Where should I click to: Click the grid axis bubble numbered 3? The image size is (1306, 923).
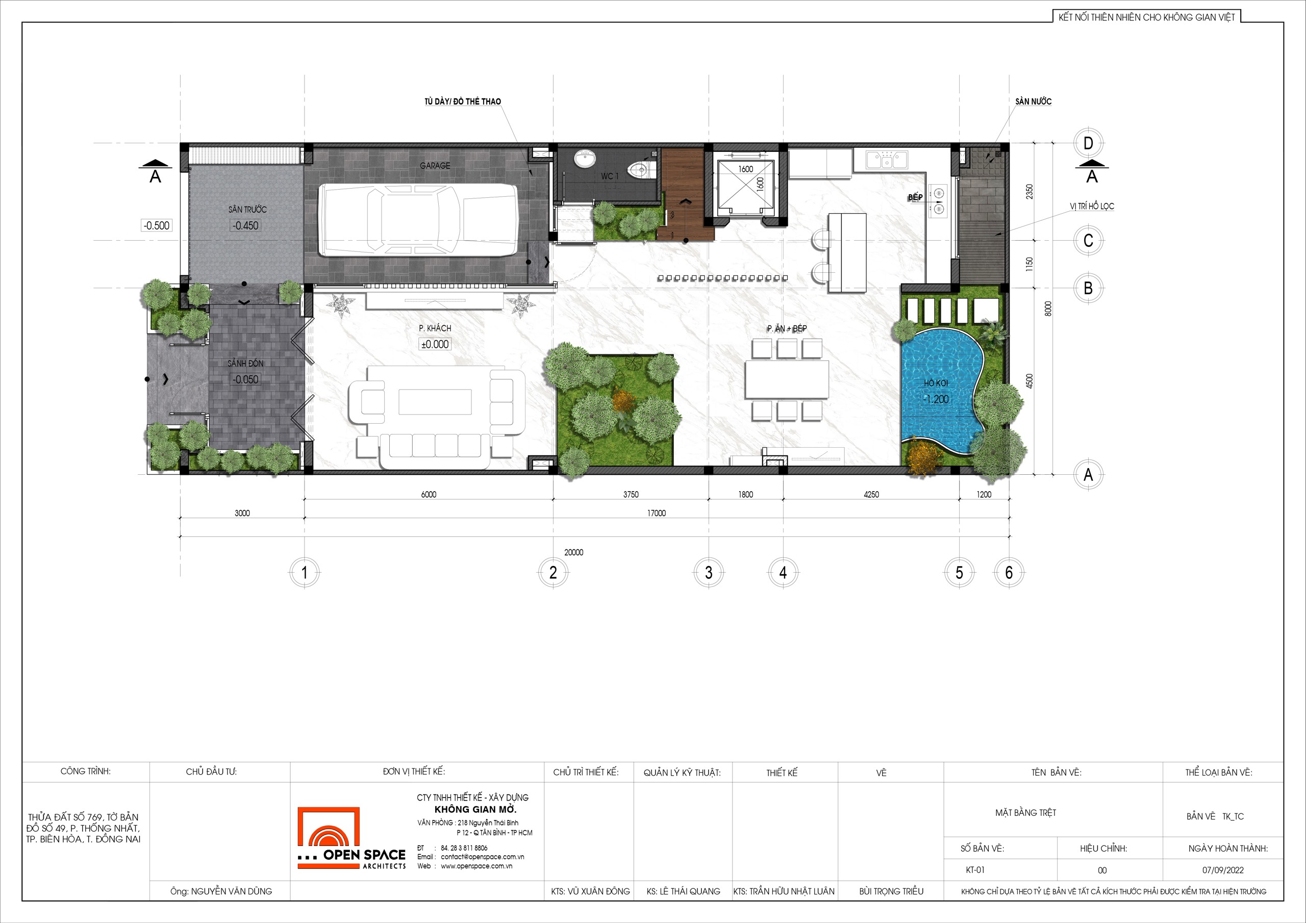[708, 572]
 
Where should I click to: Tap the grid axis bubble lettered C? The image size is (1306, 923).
[1088, 240]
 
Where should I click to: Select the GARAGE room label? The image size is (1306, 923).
[435, 166]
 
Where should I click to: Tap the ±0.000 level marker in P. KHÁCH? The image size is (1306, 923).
[435, 344]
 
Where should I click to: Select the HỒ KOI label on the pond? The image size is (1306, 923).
[936, 383]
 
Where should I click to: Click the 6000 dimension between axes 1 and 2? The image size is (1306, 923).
[429, 494]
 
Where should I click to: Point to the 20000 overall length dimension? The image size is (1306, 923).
[573, 552]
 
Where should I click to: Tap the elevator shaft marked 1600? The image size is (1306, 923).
[745, 188]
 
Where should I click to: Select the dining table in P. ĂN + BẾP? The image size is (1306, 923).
[787, 379]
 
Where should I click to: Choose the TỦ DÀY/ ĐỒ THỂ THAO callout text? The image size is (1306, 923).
[462, 101]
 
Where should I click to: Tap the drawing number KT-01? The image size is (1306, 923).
[975, 869]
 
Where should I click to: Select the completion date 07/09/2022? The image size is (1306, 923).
[1223, 869]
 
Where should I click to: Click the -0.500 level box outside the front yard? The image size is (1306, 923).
[156, 225]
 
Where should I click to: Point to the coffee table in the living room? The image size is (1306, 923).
[435, 401]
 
